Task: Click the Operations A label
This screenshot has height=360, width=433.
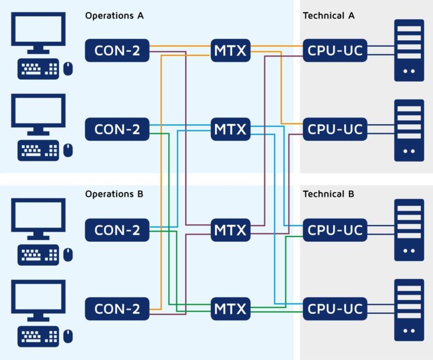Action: [x=114, y=16]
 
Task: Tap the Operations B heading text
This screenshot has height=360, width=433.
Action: [x=114, y=194]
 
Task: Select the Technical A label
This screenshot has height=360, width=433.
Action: [x=329, y=16]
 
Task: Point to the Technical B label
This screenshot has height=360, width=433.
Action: [x=329, y=194]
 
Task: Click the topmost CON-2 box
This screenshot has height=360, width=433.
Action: [x=117, y=50]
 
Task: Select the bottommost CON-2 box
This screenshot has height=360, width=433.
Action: [x=117, y=309]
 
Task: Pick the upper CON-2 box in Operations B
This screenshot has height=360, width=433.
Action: [x=117, y=230]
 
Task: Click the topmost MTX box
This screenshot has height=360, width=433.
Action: [x=230, y=50]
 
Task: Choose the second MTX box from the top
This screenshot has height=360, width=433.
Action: [x=230, y=129]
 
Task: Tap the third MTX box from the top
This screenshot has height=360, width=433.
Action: [x=230, y=230]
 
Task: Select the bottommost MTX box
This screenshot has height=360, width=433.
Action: [x=230, y=309]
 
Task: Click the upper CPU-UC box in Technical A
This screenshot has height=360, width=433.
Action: [x=335, y=50]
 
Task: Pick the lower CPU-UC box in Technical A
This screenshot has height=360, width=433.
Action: [x=335, y=129]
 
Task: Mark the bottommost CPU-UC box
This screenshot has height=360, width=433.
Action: [x=335, y=309]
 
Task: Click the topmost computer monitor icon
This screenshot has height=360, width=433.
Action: [x=38, y=33]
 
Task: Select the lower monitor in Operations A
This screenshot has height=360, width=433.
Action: [x=38, y=114]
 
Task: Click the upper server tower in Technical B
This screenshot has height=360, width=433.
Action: [x=409, y=230]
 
